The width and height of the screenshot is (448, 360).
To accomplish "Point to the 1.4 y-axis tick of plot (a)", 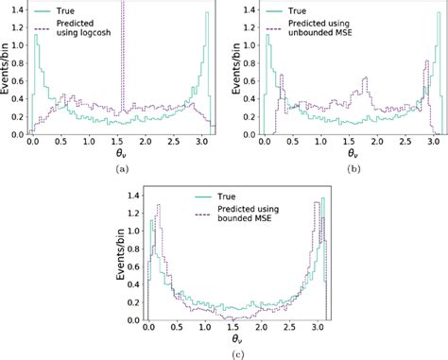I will point(16,9).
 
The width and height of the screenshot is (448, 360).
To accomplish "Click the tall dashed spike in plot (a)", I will point(123,57).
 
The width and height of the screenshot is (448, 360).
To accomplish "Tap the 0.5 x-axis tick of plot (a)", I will point(61,142).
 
